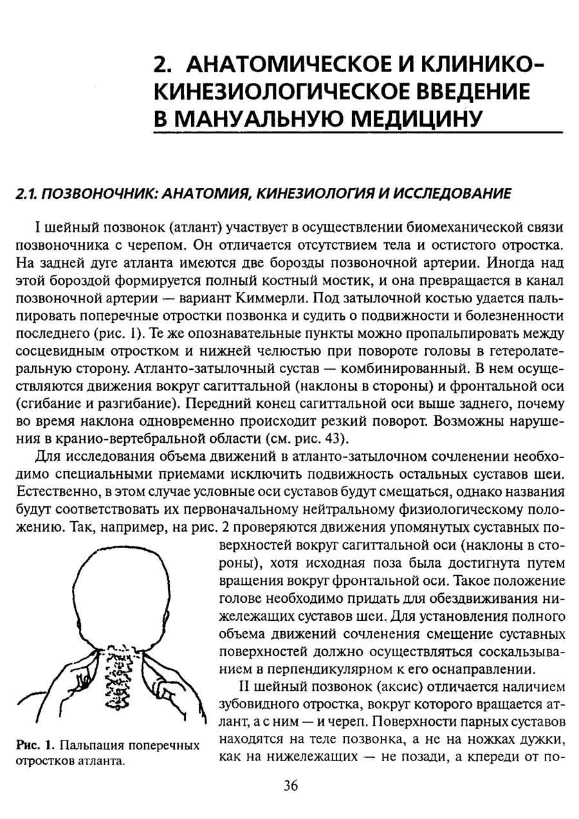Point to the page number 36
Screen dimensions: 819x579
point(291,786)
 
